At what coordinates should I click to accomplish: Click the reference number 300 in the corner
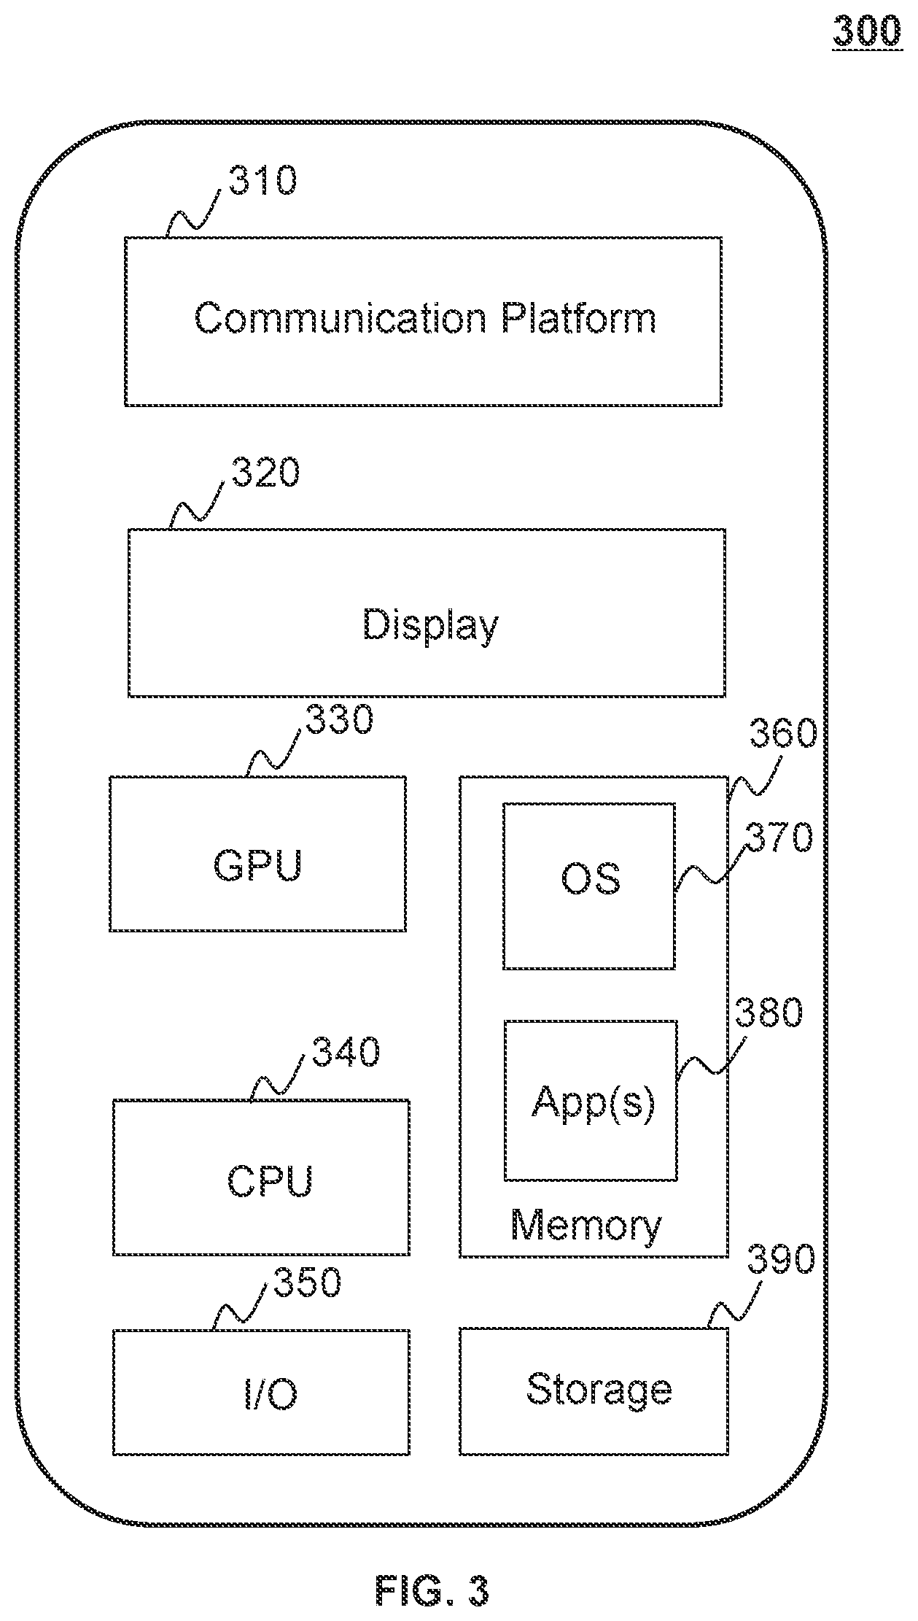[x=867, y=32]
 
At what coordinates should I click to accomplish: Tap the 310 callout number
[x=262, y=180]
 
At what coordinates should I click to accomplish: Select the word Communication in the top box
[x=341, y=318]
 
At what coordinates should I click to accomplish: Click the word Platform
[x=578, y=318]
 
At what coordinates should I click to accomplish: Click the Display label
[x=431, y=626]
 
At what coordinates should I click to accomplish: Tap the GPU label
[x=257, y=865]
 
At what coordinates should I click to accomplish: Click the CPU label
[x=270, y=1180]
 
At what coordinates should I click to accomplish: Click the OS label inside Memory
[x=591, y=879]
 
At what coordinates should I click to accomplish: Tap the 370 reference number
[x=778, y=837]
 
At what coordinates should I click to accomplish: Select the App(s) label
[x=593, y=1102]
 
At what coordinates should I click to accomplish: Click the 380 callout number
[x=769, y=1013]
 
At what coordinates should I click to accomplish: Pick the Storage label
[x=599, y=1390]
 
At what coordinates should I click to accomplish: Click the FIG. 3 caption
[x=432, y=1590]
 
